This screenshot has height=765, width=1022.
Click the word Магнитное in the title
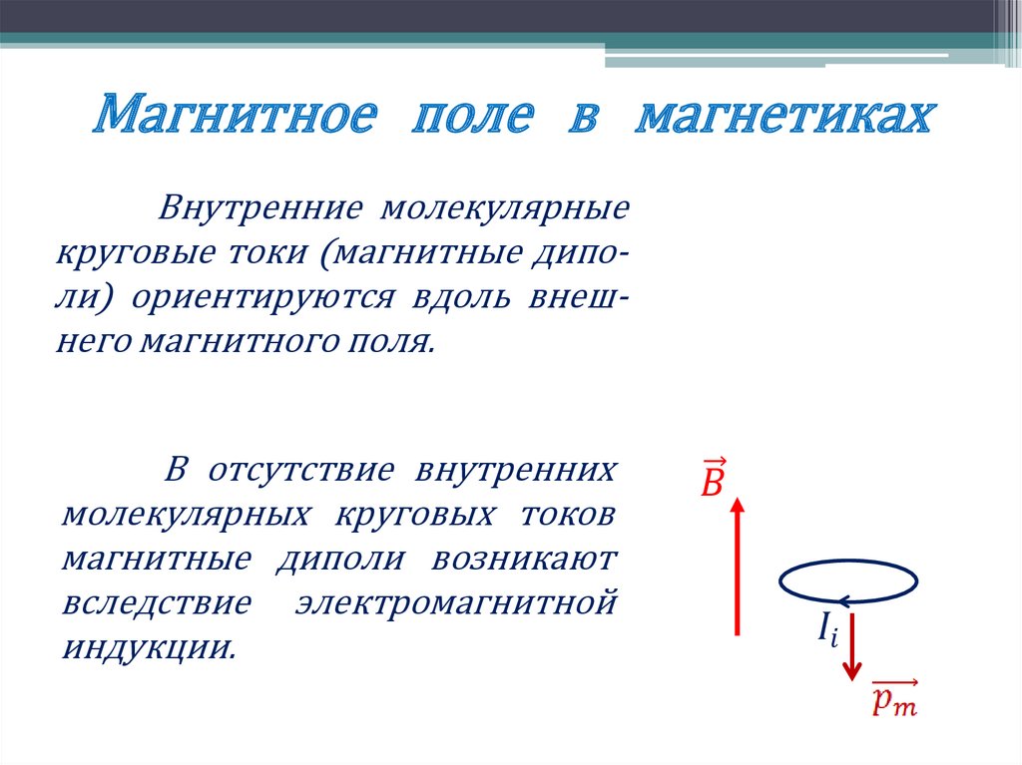(237, 117)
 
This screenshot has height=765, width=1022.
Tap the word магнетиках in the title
(784, 117)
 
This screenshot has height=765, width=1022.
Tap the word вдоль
(460, 297)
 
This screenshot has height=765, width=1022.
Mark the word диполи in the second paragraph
(339, 558)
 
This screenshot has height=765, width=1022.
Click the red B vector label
(713, 478)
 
